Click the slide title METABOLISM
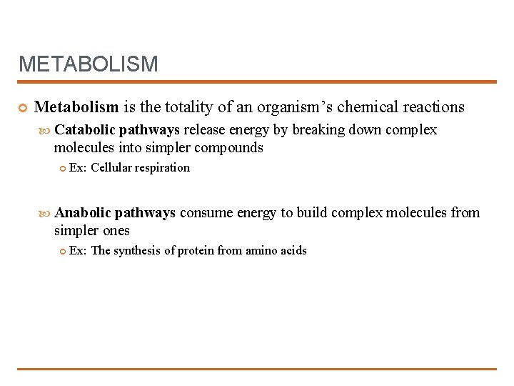coord(88,64)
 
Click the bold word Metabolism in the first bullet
coord(76,107)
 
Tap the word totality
coord(188,107)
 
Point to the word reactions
coord(433,107)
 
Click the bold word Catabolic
coord(85,130)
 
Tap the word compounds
coord(227,148)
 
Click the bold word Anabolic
coord(84,213)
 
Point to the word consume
coord(206,213)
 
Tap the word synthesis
coord(138,251)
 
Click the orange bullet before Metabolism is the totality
coord(23,108)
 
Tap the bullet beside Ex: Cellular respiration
coord(62,169)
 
